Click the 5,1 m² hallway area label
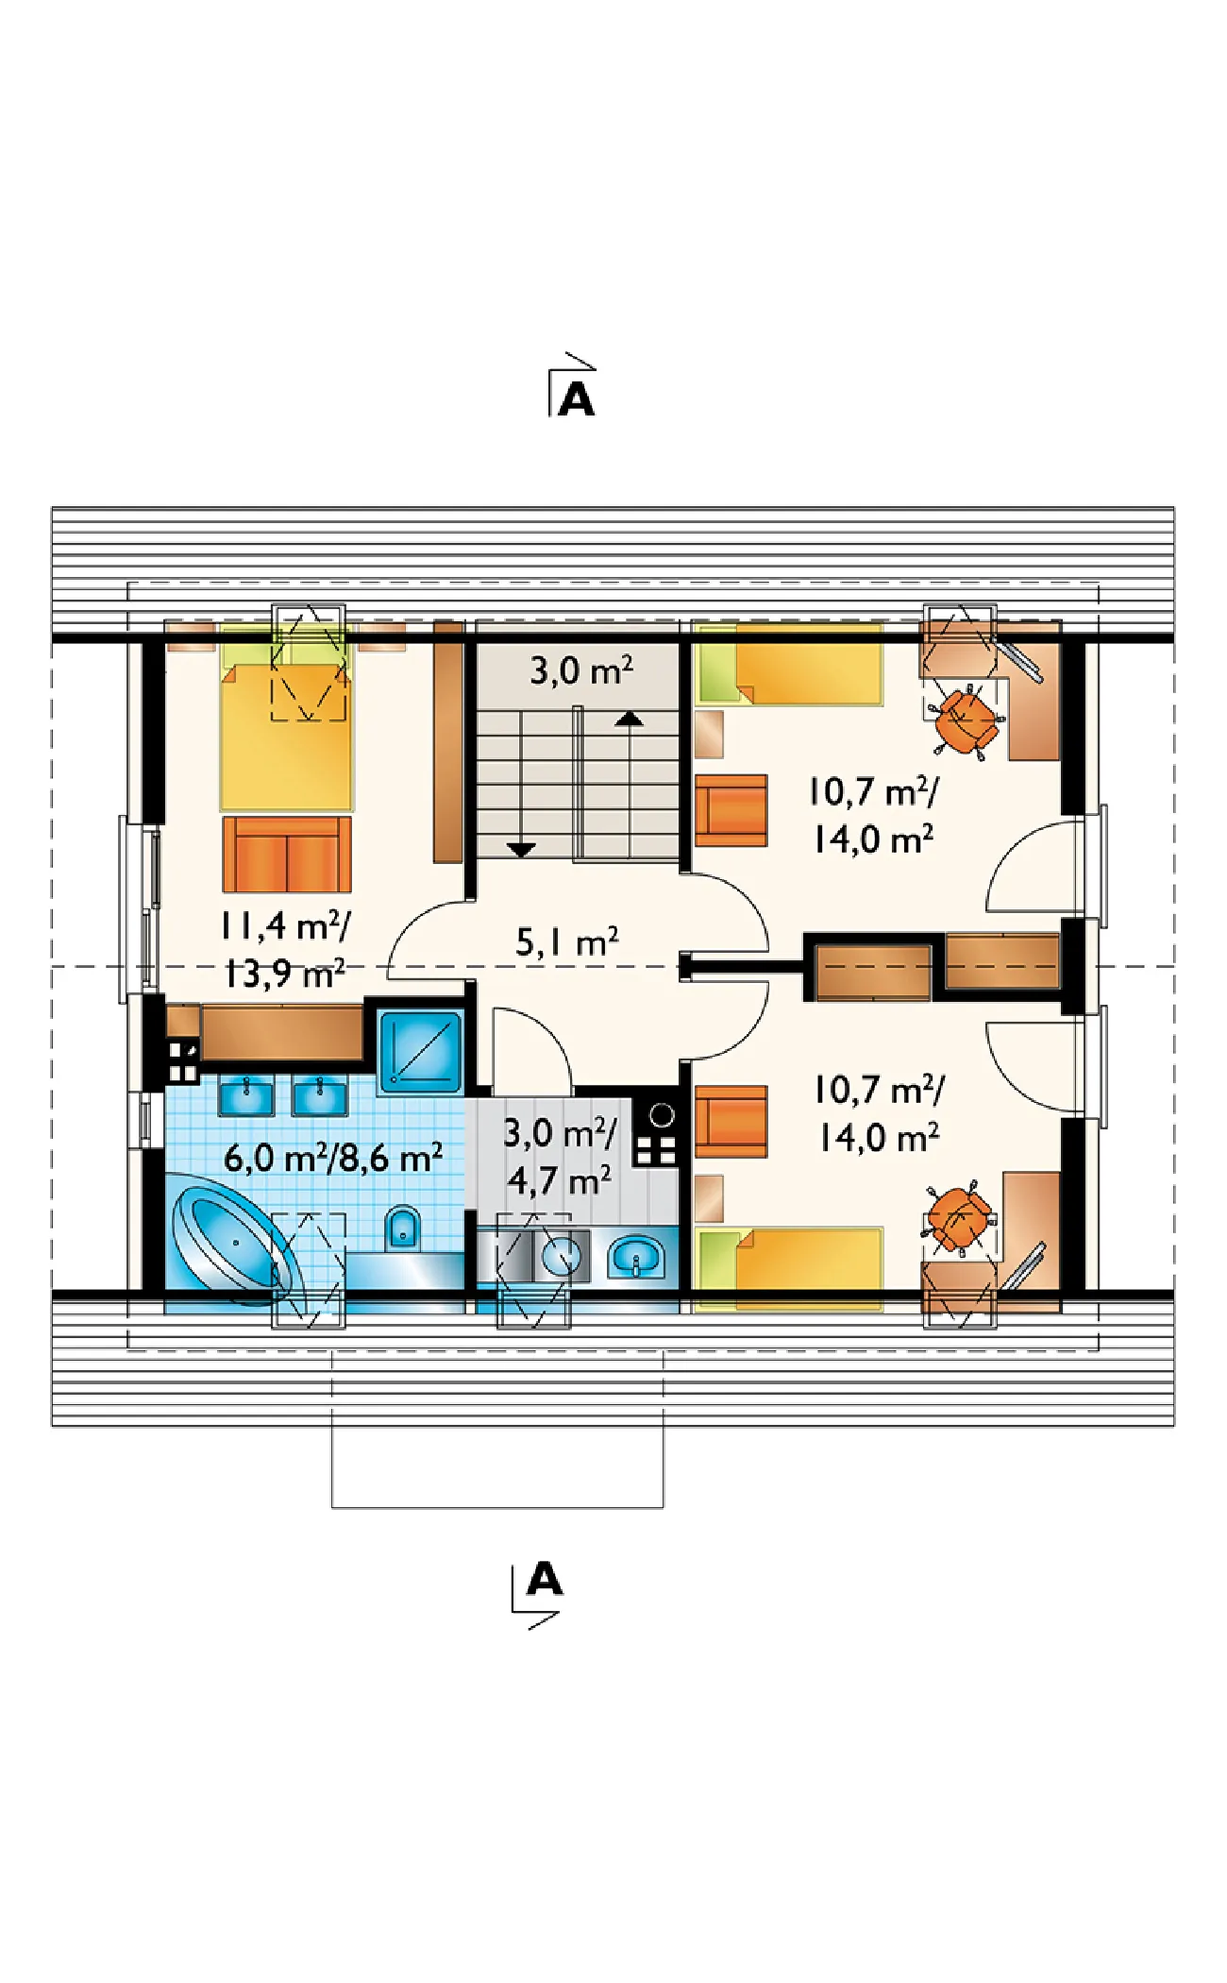567,941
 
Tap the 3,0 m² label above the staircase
581,670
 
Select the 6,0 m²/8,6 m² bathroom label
333,1157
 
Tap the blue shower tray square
421,1052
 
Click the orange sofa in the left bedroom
287,854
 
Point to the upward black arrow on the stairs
630,720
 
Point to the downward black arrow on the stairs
522,849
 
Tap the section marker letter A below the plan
545,1578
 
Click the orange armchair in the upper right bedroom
731,810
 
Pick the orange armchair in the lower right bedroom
731,1122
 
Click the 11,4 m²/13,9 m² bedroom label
284,950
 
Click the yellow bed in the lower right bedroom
789,1269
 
